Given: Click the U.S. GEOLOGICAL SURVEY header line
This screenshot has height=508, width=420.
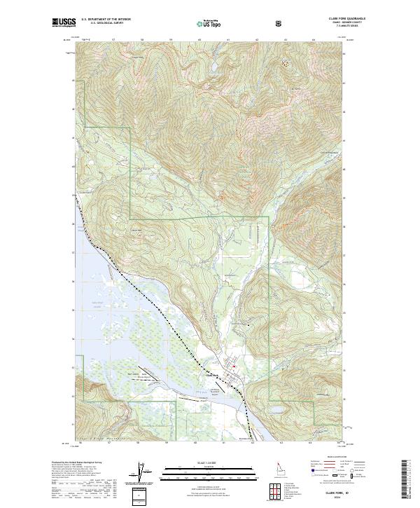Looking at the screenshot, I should point(99,24).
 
